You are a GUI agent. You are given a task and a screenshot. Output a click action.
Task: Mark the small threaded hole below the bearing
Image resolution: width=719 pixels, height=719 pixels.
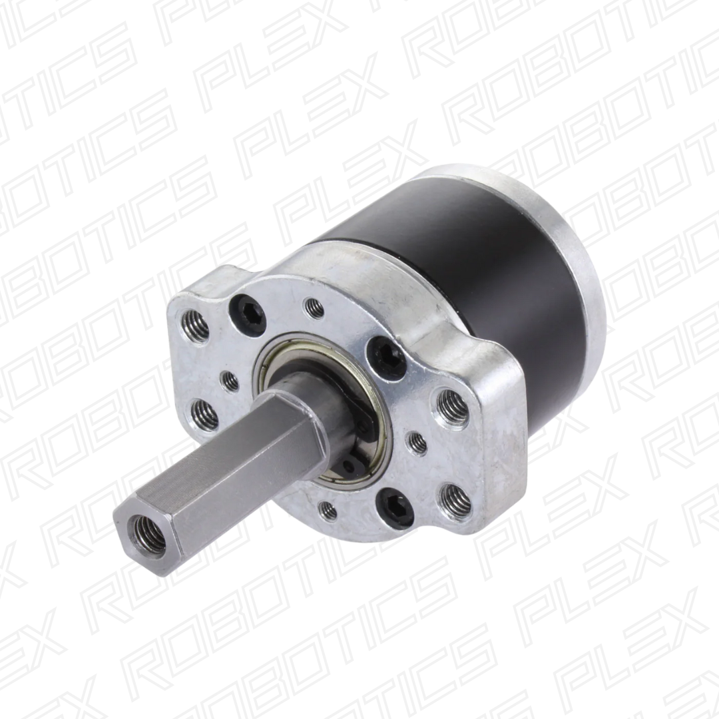(x=327, y=511)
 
